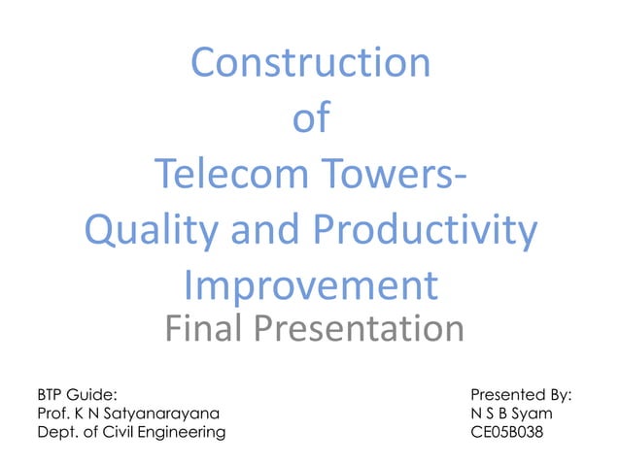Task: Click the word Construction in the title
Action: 310,64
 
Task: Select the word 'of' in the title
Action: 310,120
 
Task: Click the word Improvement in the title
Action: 310,287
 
